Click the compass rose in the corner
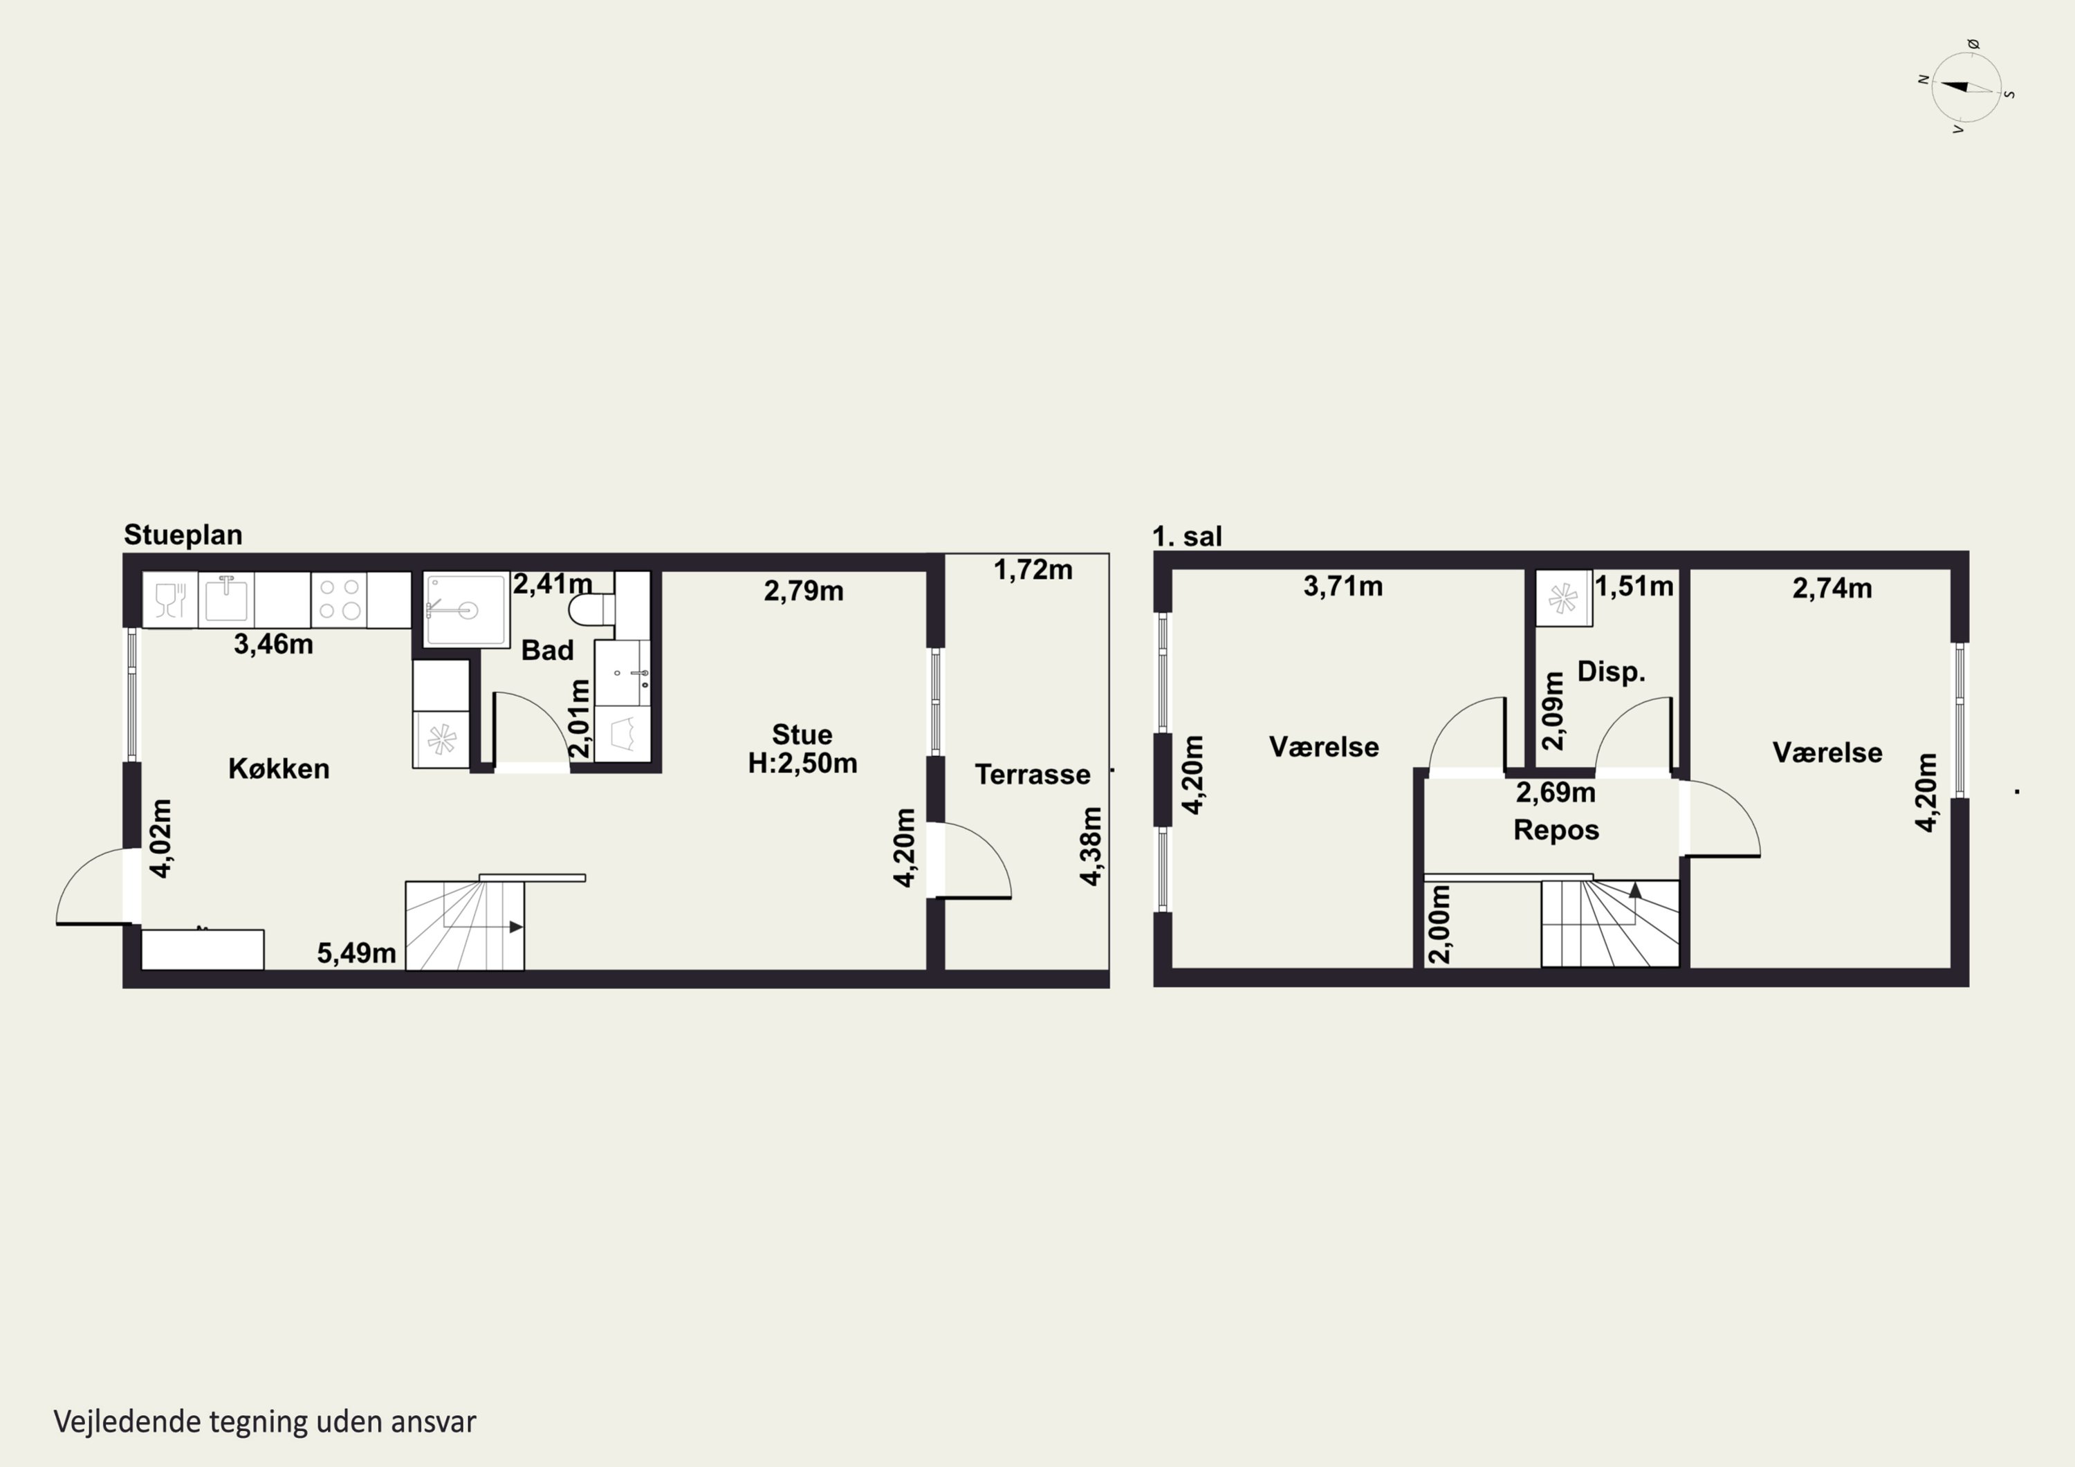coord(1966,86)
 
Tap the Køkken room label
coord(278,768)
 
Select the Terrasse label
coord(1032,775)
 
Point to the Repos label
coord(1556,830)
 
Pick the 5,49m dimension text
coord(356,952)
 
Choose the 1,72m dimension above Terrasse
coord(1033,569)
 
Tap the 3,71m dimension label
coord(1343,587)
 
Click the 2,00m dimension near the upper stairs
coord(1441,924)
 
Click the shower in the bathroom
coord(465,610)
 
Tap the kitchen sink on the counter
coord(226,599)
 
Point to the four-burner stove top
coord(339,599)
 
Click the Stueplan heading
coord(183,535)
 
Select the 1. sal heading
coord(1187,537)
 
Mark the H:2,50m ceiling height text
coord(802,764)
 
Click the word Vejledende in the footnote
coord(127,1422)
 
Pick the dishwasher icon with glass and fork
coord(170,599)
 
